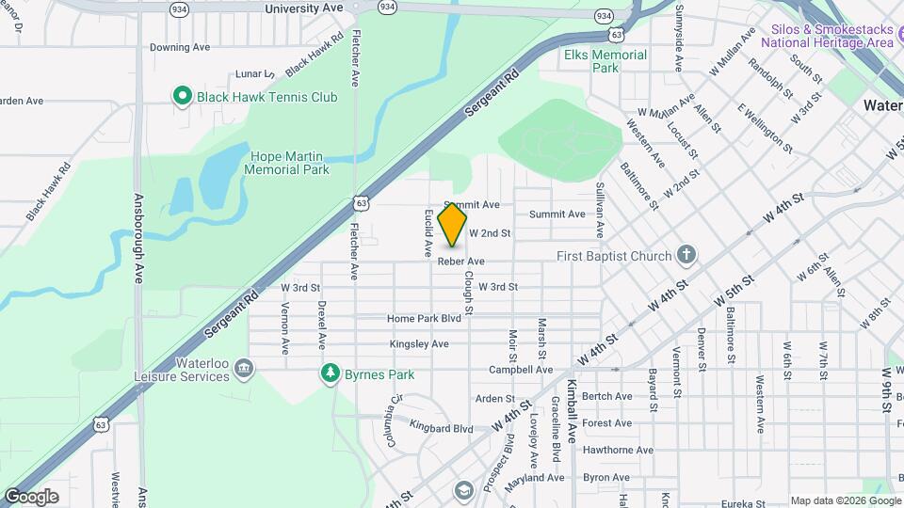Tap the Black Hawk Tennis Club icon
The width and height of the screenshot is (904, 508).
pyautogui.click(x=180, y=96)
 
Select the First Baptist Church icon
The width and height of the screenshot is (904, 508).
pyautogui.click(x=687, y=255)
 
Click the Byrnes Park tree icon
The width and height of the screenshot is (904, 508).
pyautogui.click(x=330, y=373)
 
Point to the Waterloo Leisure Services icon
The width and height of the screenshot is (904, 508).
pyautogui.click(x=244, y=368)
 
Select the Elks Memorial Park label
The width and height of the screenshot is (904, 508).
pyautogui.click(x=605, y=61)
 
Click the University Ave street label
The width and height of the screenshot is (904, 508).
pyautogui.click(x=304, y=8)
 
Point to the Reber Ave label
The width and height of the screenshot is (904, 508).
pyautogui.click(x=461, y=261)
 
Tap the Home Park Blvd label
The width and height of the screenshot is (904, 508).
pyautogui.click(x=424, y=319)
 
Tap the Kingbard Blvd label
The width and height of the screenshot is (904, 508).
pyautogui.click(x=442, y=429)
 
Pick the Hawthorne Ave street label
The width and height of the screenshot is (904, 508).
pyautogui.click(x=618, y=450)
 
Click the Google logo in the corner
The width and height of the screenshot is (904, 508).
pyautogui.click(x=31, y=496)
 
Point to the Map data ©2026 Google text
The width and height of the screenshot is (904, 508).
pyautogui.click(x=845, y=500)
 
